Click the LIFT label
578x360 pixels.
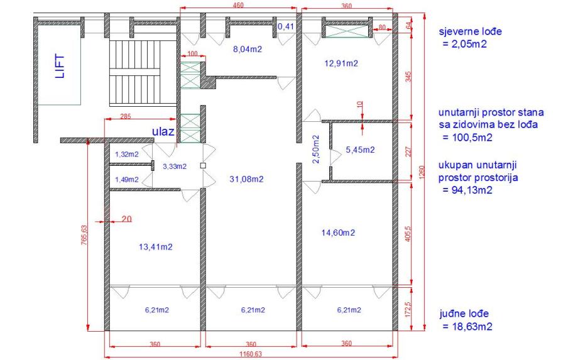(x=60, y=67)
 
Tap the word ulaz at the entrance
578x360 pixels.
(x=163, y=131)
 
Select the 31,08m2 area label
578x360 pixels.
(x=247, y=179)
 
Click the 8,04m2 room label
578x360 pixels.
(x=248, y=49)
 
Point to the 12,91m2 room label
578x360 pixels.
(x=341, y=63)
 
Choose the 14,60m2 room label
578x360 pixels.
(x=338, y=232)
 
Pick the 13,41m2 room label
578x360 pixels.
(x=156, y=247)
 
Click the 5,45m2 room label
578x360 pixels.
(x=360, y=150)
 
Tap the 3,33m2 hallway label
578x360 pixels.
(x=175, y=166)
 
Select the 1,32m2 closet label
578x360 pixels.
(x=127, y=155)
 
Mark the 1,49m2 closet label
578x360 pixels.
(x=127, y=180)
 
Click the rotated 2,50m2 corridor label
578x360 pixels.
(x=315, y=149)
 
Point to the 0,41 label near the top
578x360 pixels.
(x=286, y=26)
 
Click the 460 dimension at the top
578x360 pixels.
(x=239, y=5)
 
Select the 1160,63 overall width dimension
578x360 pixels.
(x=250, y=354)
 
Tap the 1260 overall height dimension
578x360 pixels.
(x=422, y=172)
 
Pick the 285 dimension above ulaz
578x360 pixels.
(x=126, y=116)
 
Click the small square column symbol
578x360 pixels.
(x=203, y=166)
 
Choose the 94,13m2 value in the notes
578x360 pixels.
(x=467, y=190)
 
